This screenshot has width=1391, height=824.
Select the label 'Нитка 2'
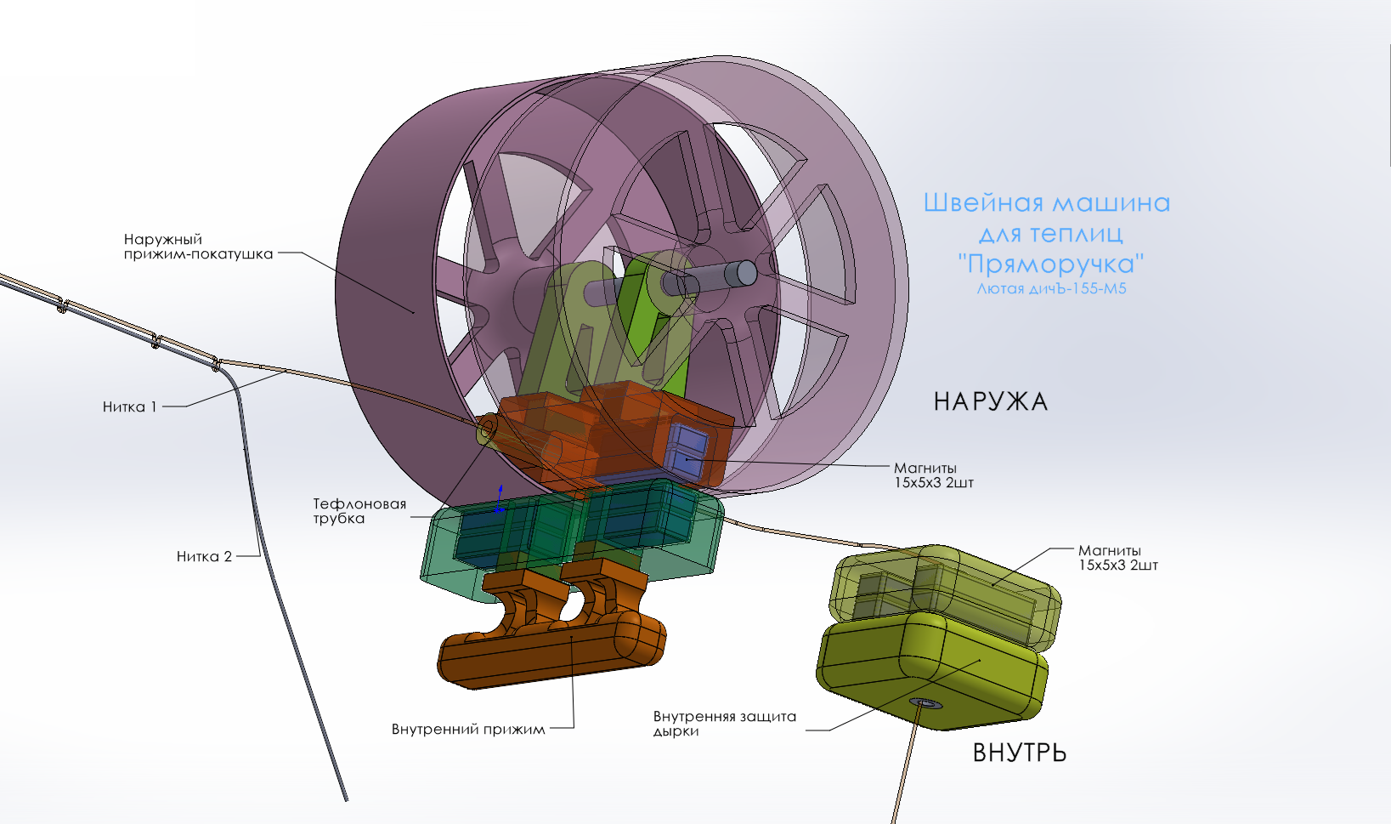204,557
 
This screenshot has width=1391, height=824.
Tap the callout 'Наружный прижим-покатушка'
198,247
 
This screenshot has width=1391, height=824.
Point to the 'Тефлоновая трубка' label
359,511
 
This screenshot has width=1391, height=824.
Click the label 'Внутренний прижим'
468,729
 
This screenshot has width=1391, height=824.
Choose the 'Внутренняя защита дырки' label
724,724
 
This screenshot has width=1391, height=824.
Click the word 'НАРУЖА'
991,402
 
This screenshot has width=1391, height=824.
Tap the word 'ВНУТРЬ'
1020,753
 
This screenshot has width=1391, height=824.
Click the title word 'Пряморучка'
1051,264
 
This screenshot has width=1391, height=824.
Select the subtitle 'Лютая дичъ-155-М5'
1051,288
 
